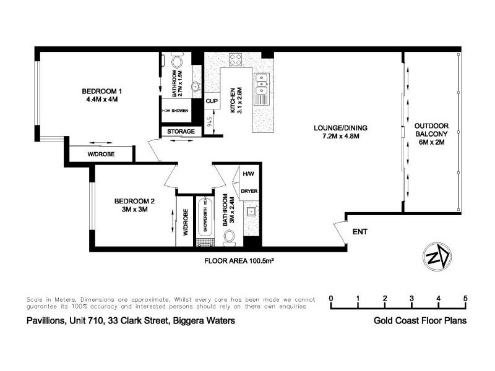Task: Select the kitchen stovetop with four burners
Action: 236,60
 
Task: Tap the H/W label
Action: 249,174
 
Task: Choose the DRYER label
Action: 249,191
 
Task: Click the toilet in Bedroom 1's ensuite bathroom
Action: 176,62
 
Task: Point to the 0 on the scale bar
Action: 332,299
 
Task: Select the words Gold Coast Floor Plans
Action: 420,321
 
